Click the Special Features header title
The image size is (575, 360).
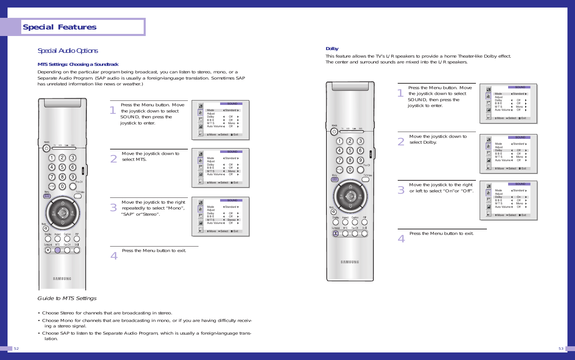60,27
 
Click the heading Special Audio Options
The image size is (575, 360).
68,51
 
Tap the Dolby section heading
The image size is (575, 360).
332,49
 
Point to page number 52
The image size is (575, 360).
16,348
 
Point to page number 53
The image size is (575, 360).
561,348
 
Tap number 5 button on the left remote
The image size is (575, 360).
62,167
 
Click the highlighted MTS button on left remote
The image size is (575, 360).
58,250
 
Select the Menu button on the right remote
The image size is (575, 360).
335,179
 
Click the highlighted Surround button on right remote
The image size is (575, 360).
336,233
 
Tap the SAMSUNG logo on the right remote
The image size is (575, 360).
350,262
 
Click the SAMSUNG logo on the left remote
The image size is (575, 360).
62,279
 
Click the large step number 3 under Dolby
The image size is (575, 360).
401,190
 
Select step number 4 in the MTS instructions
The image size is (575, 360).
114,256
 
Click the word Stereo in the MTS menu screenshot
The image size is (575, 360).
231,220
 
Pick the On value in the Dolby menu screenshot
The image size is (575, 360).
519,197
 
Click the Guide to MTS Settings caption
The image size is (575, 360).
67,298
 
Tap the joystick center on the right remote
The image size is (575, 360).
350,196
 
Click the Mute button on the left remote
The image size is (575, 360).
46,228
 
